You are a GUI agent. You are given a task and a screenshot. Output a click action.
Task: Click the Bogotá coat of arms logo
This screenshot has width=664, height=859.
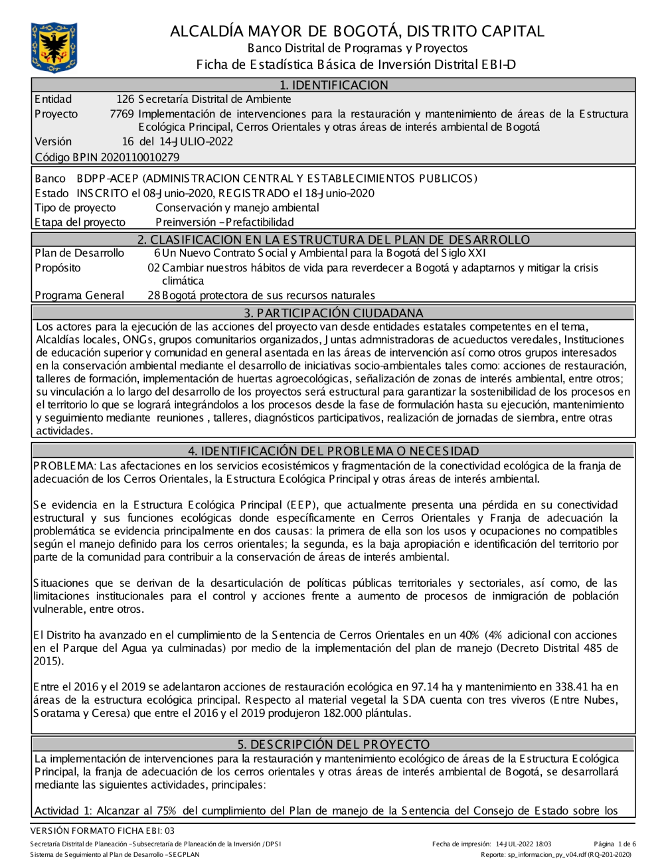(54, 47)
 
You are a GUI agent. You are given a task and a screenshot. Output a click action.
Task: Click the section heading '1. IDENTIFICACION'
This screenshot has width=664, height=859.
(333, 85)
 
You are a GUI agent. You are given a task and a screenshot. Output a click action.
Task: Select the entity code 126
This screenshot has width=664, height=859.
(125, 100)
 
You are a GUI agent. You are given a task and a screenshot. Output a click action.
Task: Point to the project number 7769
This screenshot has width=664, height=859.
(122, 114)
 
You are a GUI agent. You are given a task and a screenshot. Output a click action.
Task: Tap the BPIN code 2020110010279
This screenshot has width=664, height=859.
(139, 157)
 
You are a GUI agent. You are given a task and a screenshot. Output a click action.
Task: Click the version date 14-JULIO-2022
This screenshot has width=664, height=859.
(196, 141)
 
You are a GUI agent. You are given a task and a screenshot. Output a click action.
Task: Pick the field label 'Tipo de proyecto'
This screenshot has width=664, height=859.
(75, 208)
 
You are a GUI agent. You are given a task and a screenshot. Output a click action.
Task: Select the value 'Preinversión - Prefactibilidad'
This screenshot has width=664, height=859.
(224, 222)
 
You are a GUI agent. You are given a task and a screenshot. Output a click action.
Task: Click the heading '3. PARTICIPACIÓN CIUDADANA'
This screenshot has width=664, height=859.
(333, 313)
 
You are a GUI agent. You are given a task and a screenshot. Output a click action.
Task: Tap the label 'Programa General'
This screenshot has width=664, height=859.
(79, 295)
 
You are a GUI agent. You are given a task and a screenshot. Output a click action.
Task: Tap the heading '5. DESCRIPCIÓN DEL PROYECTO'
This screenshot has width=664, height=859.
(333, 744)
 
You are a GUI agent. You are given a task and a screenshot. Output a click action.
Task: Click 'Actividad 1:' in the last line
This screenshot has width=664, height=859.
(63, 811)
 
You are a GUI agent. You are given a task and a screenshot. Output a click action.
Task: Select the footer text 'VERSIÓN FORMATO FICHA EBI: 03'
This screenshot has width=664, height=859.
(102, 830)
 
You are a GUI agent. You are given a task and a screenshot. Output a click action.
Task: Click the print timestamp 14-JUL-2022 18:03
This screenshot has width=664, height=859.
(523, 844)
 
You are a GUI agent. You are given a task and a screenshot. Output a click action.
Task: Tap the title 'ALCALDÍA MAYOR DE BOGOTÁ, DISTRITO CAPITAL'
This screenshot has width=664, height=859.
(357, 31)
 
